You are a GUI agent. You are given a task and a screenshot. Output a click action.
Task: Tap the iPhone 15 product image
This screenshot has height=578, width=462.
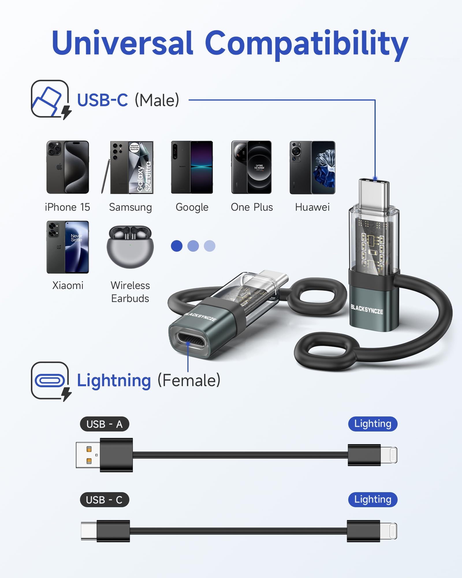tap(68, 167)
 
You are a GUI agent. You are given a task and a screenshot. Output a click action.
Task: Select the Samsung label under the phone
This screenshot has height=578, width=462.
tap(131, 208)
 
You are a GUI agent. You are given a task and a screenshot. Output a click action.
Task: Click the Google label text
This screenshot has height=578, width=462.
tap(192, 208)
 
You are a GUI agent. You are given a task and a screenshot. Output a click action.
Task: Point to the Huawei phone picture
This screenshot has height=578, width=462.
tap(312, 167)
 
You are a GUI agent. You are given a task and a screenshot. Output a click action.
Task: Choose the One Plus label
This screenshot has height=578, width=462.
tap(252, 207)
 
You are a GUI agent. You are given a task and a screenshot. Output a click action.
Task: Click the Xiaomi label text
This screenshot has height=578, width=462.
tap(68, 286)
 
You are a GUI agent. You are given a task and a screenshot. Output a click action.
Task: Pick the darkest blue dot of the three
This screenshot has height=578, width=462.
tap(177, 246)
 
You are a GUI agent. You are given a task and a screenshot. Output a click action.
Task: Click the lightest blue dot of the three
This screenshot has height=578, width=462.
tap(210, 246)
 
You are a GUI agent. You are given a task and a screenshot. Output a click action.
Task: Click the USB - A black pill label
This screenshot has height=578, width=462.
tap(105, 424)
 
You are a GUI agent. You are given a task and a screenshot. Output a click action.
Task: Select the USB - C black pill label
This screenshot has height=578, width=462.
tap(105, 500)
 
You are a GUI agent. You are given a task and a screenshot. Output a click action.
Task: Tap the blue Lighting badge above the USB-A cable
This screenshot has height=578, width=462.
tap(373, 424)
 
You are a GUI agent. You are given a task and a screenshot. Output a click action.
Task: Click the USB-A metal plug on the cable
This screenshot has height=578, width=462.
tap(88, 455)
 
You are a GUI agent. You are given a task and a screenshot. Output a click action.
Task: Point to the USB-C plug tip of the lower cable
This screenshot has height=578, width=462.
tap(89, 531)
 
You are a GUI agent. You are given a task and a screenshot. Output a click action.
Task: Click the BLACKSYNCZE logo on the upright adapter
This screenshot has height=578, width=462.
tap(367, 310)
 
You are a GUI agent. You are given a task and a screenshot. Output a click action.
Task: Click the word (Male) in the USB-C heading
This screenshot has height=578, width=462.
tap(157, 100)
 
